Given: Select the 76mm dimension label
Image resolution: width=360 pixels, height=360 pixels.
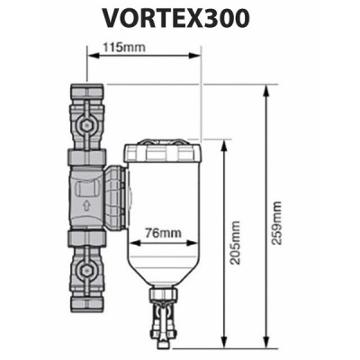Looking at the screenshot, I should [164, 233].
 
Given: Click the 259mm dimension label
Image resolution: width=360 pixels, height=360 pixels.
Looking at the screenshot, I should [276, 220].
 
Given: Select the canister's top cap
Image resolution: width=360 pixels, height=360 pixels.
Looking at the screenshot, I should [163, 146].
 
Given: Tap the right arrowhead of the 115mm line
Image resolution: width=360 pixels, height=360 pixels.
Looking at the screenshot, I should [195, 53].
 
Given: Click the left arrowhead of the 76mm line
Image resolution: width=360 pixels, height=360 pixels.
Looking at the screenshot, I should [132, 241].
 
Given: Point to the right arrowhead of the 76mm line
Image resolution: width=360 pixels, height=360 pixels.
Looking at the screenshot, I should [193, 241].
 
